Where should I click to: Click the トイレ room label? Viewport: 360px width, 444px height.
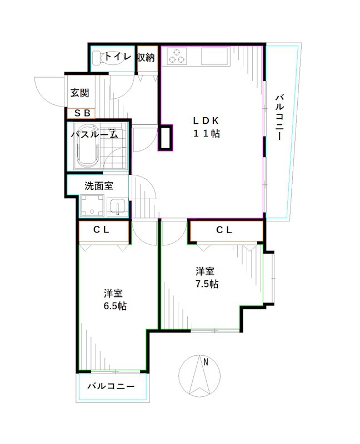click(118, 57)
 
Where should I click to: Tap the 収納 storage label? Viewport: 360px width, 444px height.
click(146, 57)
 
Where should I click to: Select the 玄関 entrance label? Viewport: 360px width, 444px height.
click(80, 93)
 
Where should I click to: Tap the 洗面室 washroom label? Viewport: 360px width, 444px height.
click(99, 186)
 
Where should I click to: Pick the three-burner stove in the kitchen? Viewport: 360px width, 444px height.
click(178, 57)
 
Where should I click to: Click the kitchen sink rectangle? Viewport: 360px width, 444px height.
click(214, 57)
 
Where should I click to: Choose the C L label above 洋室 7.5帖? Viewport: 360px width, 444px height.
click(224, 230)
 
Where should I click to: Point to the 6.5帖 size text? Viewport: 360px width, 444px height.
click(114, 306)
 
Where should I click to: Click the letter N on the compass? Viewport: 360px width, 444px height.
click(206, 362)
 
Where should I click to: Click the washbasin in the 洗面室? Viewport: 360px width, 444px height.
click(117, 207)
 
